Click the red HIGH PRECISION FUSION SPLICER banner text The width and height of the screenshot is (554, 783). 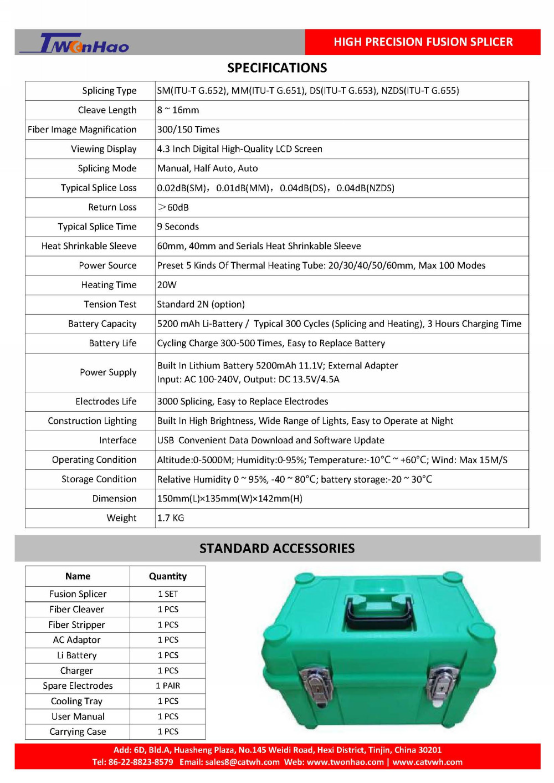(x=423, y=42)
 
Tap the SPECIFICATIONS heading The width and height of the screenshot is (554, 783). (x=277, y=68)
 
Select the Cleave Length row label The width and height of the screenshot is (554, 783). (x=107, y=110)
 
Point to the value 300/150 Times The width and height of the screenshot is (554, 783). (x=188, y=130)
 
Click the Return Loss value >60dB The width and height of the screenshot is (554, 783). (x=173, y=207)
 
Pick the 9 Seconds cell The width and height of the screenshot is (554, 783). (x=178, y=227)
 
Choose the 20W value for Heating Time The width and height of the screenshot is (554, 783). (x=167, y=285)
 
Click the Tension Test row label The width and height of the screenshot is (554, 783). (x=110, y=304)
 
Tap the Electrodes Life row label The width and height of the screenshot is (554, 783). (x=106, y=401)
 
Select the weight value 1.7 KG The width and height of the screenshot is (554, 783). (x=171, y=518)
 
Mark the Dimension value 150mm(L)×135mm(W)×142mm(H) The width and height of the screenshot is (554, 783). (x=230, y=499)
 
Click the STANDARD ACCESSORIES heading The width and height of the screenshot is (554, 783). (x=277, y=549)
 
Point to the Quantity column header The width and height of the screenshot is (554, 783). (x=168, y=576)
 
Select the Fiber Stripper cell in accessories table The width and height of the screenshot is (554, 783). (x=77, y=625)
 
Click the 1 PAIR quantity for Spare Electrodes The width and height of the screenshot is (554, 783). (x=168, y=685)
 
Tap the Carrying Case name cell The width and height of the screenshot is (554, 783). (x=78, y=731)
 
